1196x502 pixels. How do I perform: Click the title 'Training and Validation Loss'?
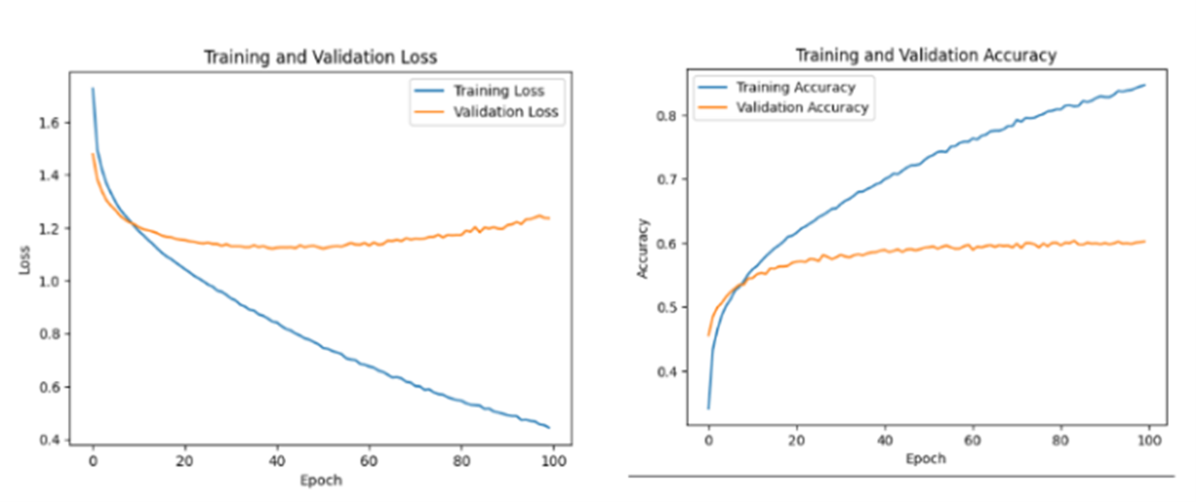pyautogui.click(x=321, y=57)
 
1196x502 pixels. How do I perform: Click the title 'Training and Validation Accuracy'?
pyautogui.click(x=926, y=55)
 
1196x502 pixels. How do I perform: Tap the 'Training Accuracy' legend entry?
pyautogui.click(x=795, y=87)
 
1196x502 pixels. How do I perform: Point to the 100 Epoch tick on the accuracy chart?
pyautogui.click(x=1149, y=440)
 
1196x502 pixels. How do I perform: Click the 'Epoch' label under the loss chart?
pyautogui.click(x=322, y=480)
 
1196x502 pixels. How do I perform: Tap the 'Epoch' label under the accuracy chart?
pyautogui.click(x=926, y=458)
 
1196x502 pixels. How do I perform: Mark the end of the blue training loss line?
pyautogui.click(x=549, y=427)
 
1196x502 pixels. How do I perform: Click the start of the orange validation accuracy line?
pyautogui.click(x=708, y=335)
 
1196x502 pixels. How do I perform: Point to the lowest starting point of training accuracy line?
pyautogui.click(x=708, y=408)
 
